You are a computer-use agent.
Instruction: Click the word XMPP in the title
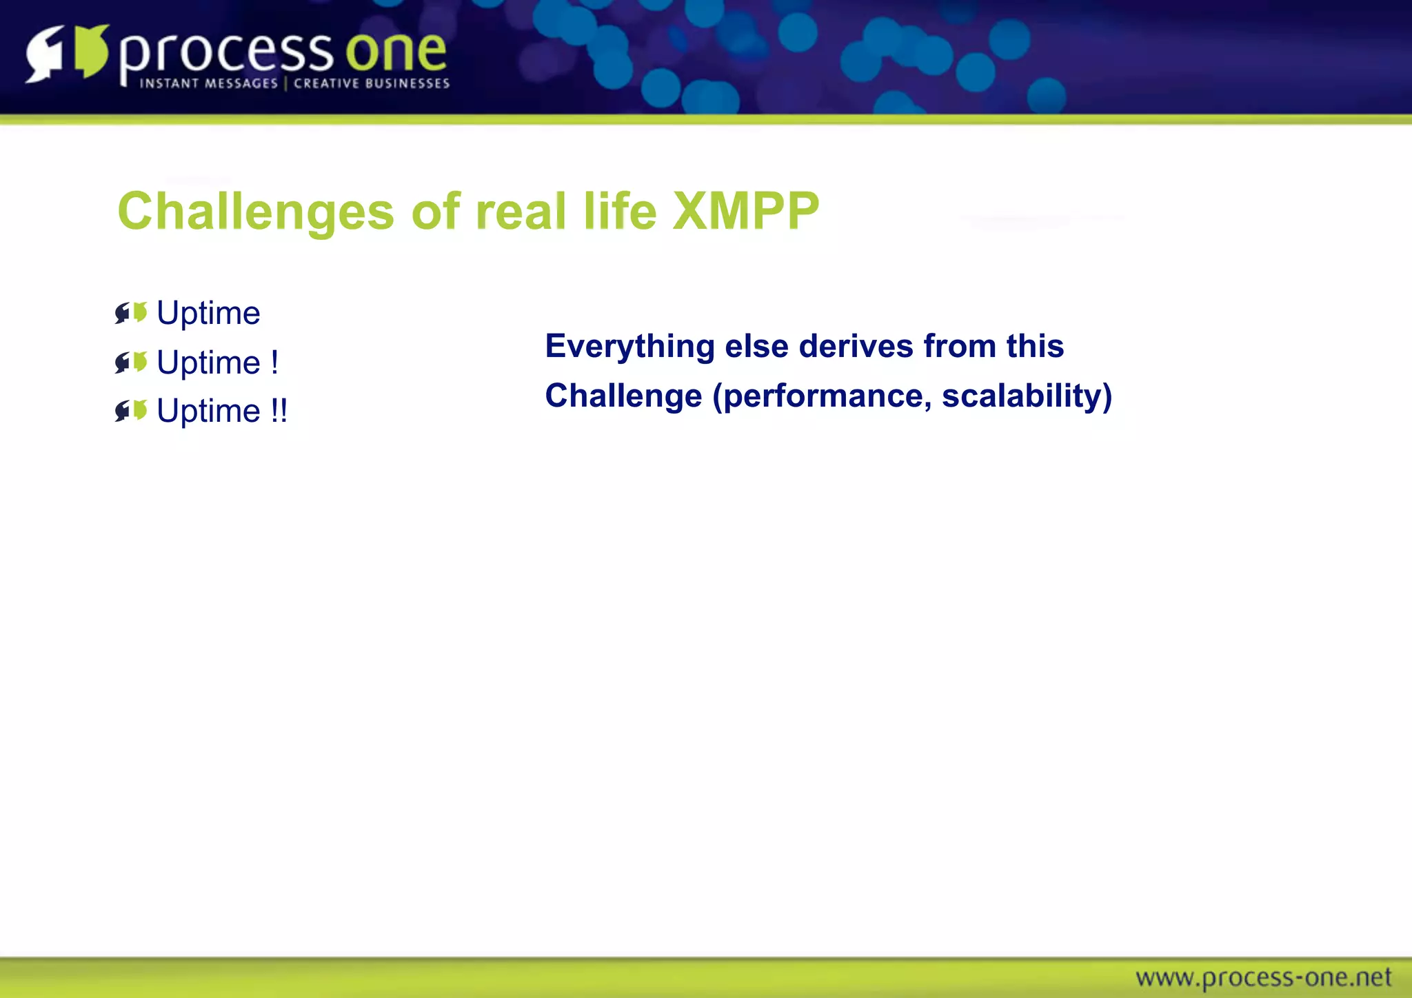[x=745, y=211]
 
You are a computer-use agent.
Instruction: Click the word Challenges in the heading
[x=255, y=212]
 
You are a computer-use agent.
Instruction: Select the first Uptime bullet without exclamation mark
[x=208, y=314]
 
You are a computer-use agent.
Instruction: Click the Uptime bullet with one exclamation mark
[x=217, y=363]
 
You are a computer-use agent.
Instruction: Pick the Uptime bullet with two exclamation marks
[x=221, y=411]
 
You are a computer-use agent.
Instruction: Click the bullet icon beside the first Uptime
[x=131, y=313]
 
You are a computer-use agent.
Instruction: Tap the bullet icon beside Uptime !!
[x=131, y=411]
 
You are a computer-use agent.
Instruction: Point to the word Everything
[x=629, y=347]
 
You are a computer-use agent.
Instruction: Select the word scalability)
[x=1027, y=396]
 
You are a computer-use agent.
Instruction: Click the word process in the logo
[x=226, y=54]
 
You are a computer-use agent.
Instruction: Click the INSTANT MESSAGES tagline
[x=208, y=84]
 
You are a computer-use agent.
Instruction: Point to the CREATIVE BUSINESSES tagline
[x=372, y=84]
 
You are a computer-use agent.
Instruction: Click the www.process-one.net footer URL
[x=1263, y=977]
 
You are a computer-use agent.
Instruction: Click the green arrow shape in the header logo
[x=91, y=51]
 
